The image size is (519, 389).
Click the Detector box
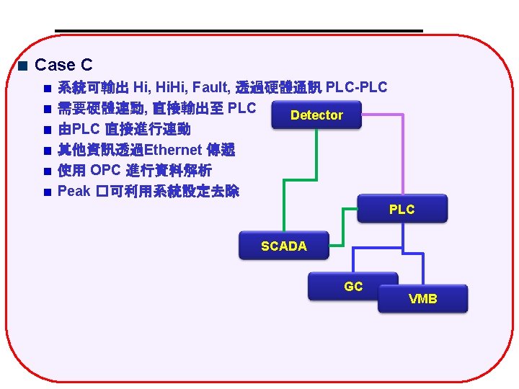click(316, 115)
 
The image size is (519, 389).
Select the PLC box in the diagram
click(402, 209)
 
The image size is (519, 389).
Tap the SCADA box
click(283, 246)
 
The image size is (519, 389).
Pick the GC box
click(353, 286)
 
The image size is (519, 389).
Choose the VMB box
click(422, 298)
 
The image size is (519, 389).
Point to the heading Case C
click(63, 65)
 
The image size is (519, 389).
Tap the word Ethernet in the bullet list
click(174, 151)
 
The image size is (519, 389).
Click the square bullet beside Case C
click(23, 66)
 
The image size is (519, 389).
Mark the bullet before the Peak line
click(46, 192)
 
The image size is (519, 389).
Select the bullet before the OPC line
click(46, 171)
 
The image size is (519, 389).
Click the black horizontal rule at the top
click(238, 30)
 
